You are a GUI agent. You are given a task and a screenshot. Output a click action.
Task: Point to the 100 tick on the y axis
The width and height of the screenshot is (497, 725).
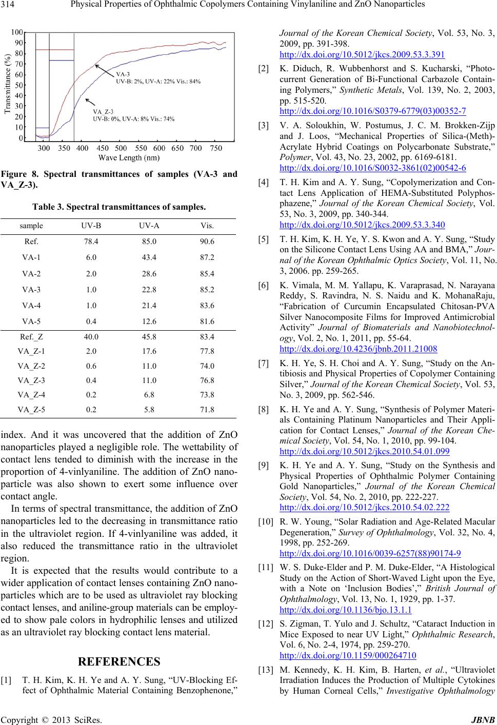click(x=17, y=32)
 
